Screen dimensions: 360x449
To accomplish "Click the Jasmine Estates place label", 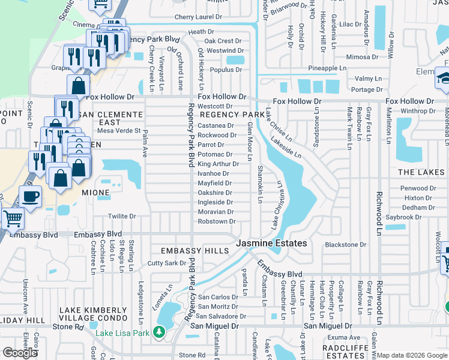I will (x=271, y=244).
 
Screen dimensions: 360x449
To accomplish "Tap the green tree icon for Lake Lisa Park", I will (x=158, y=331).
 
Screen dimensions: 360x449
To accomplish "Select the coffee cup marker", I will (x=30, y=196).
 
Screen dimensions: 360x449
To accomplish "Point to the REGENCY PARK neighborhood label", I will (x=232, y=114).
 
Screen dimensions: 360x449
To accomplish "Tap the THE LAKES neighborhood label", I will (x=421, y=172).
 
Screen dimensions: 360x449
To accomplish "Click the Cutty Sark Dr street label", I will (x=167, y=263).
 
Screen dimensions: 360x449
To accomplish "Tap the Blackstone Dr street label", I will (x=345, y=245).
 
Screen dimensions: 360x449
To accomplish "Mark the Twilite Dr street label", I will (x=122, y=216).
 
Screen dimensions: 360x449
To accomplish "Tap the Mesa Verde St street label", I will (x=118, y=130).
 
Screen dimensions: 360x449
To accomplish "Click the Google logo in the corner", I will (x=20, y=353).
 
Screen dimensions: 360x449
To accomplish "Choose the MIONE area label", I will (x=95, y=193).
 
